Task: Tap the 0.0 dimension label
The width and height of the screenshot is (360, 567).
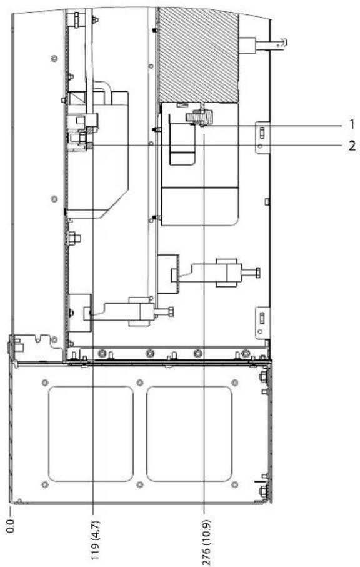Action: click(10, 527)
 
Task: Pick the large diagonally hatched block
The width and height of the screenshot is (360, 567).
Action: click(199, 55)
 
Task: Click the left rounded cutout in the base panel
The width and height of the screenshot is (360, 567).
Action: click(91, 434)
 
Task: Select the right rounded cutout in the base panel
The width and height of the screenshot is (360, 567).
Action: click(189, 434)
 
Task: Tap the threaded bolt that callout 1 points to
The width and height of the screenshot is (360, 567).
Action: click(199, 117)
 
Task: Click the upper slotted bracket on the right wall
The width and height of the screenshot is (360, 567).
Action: click(262, 137)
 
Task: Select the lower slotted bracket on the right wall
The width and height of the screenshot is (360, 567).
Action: click(262, 323)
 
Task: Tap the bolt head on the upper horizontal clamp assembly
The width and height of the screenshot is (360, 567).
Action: click(257, 273)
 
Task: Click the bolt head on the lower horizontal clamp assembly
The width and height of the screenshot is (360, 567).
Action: click(171, 311)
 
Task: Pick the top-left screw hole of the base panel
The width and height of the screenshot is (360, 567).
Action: click(45, 382)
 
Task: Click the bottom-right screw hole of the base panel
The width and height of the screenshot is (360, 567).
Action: click(234, 484)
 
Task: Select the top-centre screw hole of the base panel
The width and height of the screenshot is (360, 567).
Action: click(140, 382)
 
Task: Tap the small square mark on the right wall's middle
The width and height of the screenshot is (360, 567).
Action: click(267, 201)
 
